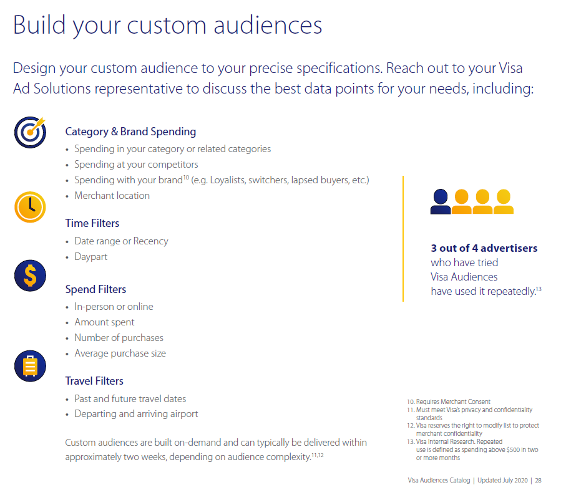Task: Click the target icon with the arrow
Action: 30,132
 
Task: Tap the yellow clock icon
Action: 30,207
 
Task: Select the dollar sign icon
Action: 30,276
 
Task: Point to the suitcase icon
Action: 30,366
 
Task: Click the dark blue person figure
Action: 441,201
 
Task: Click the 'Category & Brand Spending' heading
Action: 130,132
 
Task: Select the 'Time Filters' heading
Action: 92,223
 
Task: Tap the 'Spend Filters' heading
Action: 95,289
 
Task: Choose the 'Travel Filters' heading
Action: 94,381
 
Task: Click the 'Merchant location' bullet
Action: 112,196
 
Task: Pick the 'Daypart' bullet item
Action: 90,257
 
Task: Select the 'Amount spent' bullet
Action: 104,322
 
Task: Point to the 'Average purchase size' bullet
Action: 120,353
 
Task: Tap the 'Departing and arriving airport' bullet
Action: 136,414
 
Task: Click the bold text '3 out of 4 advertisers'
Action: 484,248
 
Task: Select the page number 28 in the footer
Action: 537,480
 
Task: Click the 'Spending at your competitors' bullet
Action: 136,165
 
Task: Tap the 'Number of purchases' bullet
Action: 119,338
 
